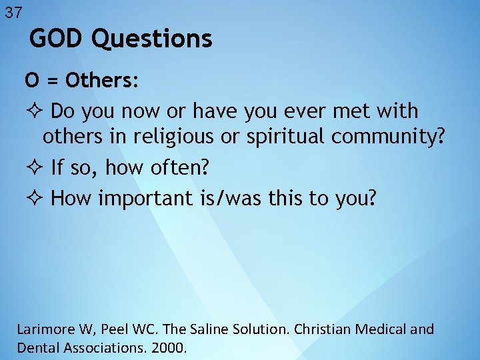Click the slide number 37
click(13, 11)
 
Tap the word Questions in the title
click(152, 39)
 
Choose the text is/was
click(252, 198)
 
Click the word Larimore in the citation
click(46, 329)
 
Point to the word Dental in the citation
click(36, 347)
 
